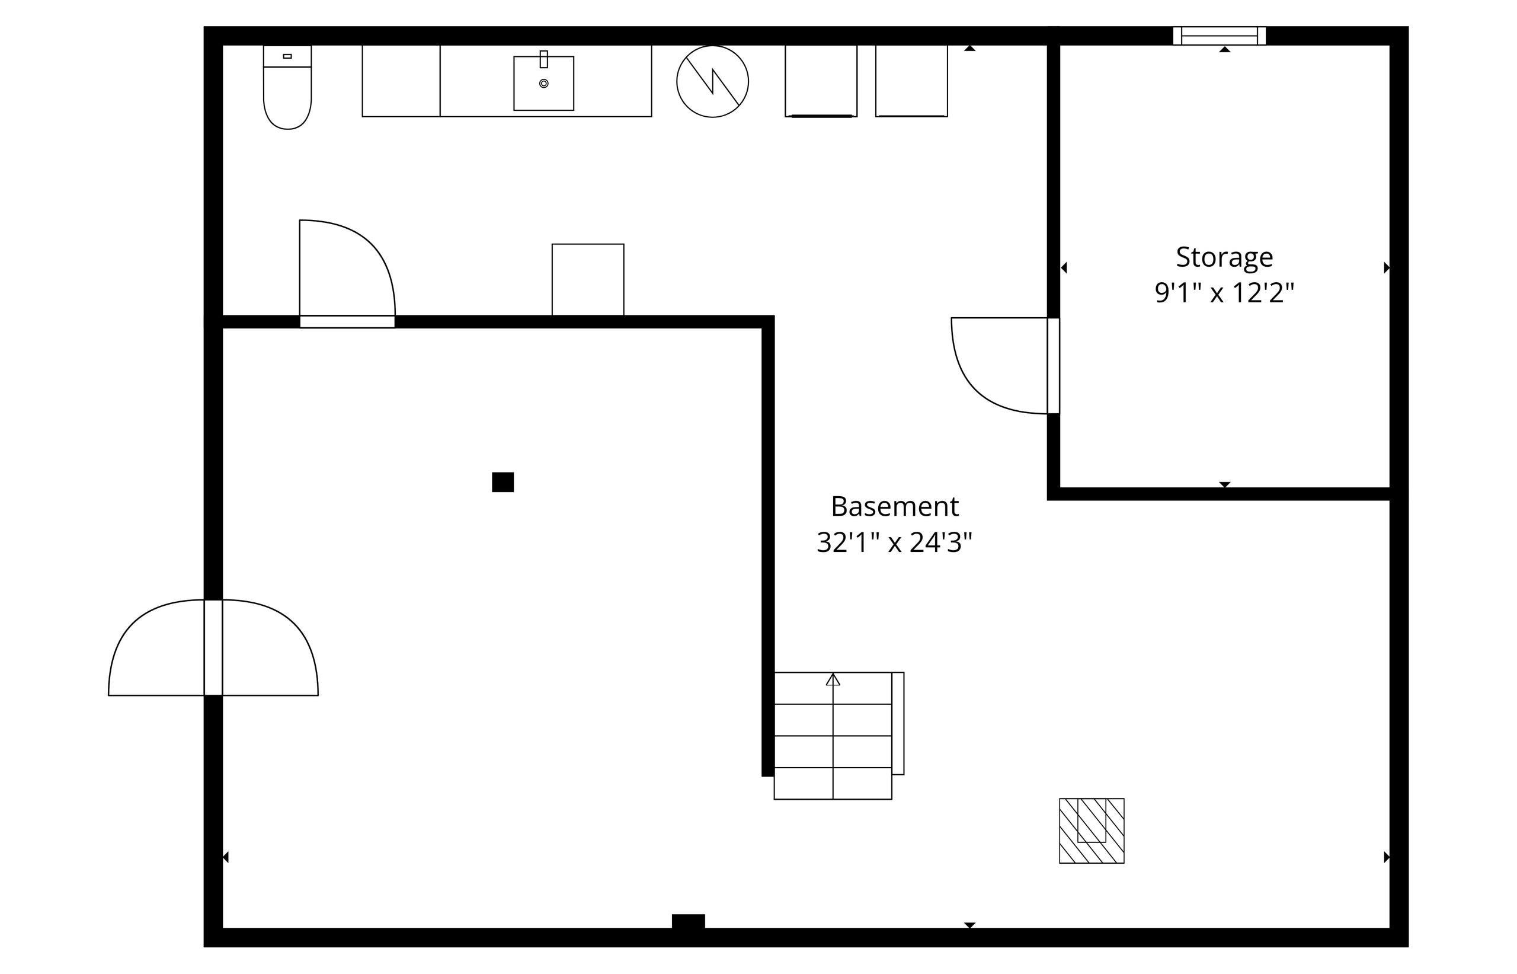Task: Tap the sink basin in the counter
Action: [x=543, y=84]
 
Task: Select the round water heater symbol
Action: [x=712, y=81]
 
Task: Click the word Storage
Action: [x=1224, y=257]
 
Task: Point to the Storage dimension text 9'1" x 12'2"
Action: [x=1224, y=293]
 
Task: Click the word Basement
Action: [x=894, y=506]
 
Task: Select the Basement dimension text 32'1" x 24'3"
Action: [x=894, y=542]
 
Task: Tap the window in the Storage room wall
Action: [x=1220, y=36]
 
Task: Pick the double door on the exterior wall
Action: [x=213, y=647]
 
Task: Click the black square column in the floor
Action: [x=503, y=482]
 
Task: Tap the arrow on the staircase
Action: [x=833, y=679]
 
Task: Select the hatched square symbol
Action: [x=1092, y=831]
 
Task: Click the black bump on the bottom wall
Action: [x=689, y=921]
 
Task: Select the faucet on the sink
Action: [x=543, y=59]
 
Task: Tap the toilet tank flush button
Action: [x=287, y=56]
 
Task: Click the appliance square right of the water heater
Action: [x=821, y=81]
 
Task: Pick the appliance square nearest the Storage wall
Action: [x=911, y=81]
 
